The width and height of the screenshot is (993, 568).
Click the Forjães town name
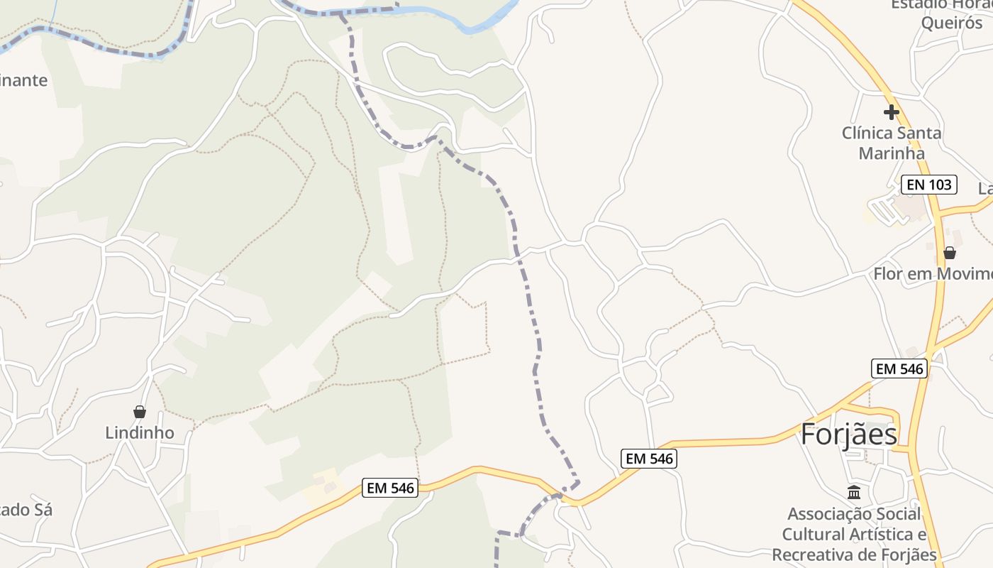coord(848,435)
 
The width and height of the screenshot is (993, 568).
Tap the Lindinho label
coord(140,433)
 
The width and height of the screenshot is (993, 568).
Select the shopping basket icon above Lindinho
coord(140,412)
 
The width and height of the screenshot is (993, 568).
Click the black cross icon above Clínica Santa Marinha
coord(891,111)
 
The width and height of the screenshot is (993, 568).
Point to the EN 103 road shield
coord(929,185)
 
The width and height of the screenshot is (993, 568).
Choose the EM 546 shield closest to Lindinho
coord(390,488)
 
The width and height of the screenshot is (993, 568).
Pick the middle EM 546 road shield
coord(648,459)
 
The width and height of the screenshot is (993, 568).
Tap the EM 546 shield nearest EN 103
coord(899,368)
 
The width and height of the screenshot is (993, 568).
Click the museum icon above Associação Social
coord(854,492)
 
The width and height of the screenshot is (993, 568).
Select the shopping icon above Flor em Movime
coord(949,253)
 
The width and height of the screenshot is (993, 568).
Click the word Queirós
coord(952,23)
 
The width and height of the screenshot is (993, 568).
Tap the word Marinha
coord(892,153)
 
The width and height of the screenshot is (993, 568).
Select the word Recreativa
coord(816,555)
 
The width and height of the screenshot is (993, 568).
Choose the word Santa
coord(920,133)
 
